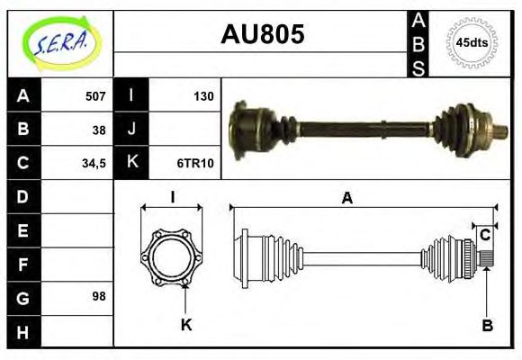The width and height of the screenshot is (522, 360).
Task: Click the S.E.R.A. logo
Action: (x=59, y=42)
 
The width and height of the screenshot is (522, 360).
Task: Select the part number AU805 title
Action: (x=262, y=34)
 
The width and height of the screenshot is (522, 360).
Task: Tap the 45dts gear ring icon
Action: (x=472, y=42)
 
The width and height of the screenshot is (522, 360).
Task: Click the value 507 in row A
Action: (x=94, y=96)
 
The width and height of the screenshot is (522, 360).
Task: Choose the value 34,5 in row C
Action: (x=93, y=164)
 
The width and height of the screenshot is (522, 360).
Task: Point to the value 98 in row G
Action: (x=99, y=296)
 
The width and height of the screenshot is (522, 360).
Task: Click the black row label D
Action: (x=22, y=196)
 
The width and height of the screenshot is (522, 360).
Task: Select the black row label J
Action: (x=131, y=130)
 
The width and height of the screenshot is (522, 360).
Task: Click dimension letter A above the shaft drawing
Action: (x=346, y=199)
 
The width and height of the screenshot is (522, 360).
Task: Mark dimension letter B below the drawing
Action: (x=487, y=325)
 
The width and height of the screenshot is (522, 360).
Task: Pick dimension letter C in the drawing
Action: (x=485, y=235)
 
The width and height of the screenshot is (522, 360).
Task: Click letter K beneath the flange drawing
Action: (x=186, y=325)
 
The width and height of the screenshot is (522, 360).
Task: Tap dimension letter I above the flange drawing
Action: (x=172, y=198)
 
